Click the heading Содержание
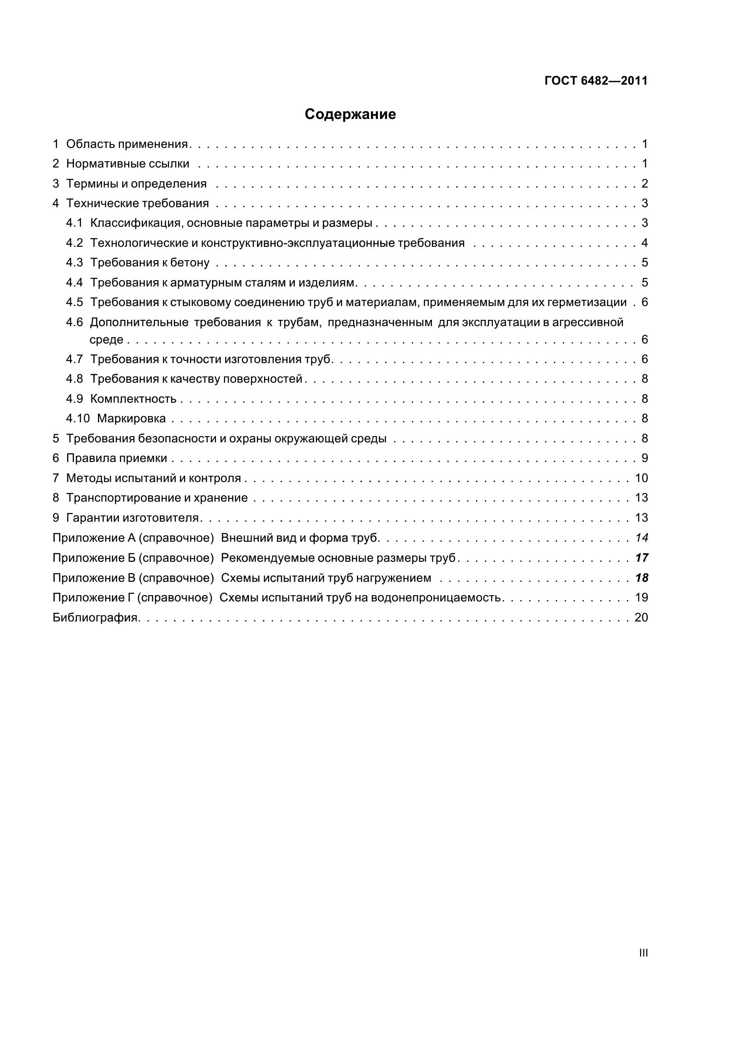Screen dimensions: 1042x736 [350, 114]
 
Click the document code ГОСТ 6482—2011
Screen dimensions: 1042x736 [596, 81]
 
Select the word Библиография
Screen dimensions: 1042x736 [95, 617]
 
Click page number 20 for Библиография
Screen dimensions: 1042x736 [641, 617]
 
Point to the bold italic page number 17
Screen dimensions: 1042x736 [642, 558]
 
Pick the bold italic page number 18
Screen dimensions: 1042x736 [642, 578]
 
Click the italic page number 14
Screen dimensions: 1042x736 [642, 538]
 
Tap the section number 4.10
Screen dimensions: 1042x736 [77, 418]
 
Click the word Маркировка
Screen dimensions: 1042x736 [131, 418]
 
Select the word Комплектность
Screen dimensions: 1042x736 [133, 399]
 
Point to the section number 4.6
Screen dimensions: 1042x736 [74, 322]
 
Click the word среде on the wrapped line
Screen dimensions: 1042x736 [106, 340]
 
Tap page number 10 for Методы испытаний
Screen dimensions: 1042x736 [641, 478]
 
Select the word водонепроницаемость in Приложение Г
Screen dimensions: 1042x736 [436, 598]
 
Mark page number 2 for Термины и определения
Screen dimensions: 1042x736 [645, 184]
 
